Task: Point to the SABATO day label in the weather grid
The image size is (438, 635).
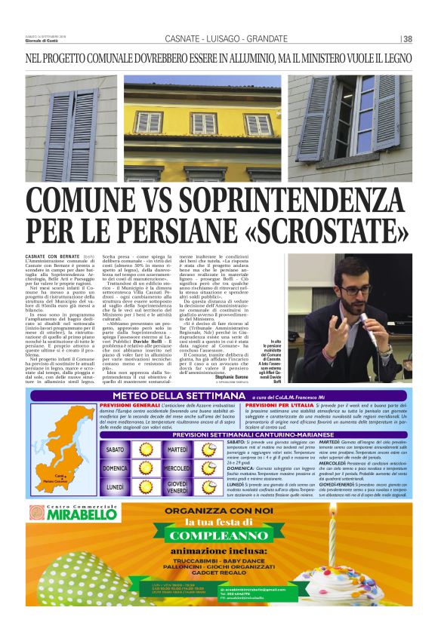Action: [115, 449]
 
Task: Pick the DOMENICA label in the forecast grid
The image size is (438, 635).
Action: [115, 468]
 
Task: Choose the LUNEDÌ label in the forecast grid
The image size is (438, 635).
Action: [115, 487]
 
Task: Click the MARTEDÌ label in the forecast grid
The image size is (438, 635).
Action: [175, 449]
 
